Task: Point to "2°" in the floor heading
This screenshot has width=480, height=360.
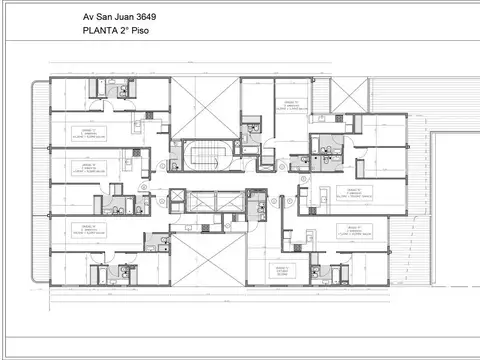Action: (x=132, y=31)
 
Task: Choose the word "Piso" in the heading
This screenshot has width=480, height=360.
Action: (x=151, y=31)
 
